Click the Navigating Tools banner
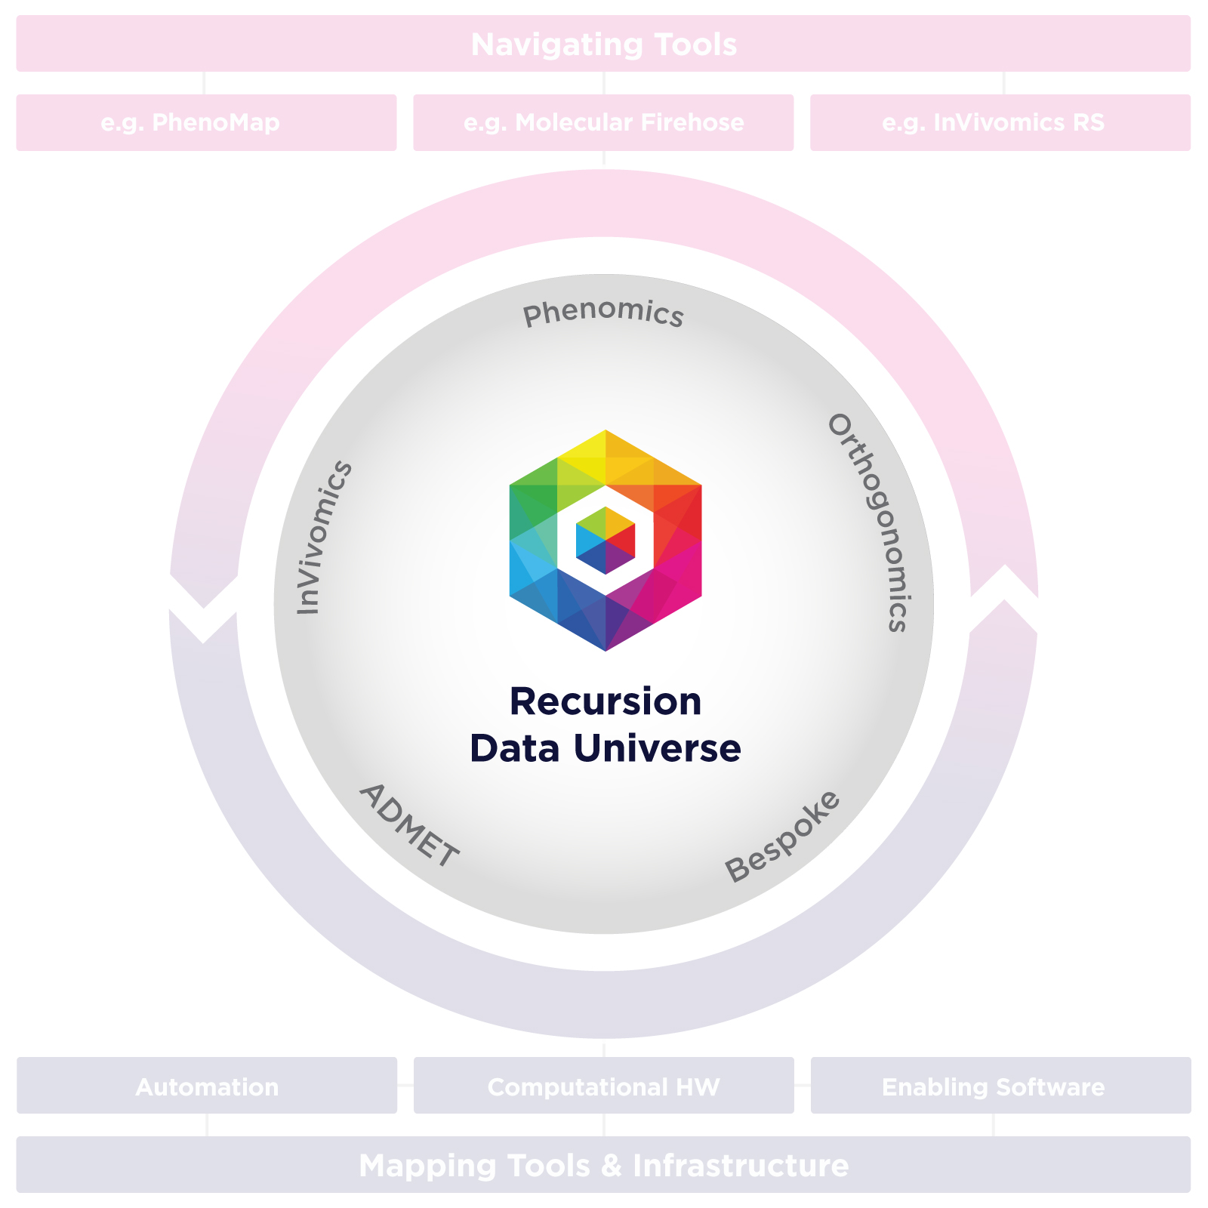pos(603,44)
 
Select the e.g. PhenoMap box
pos(206,122)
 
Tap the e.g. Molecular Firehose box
pos(603,122)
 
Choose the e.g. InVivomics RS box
pos(1000,122)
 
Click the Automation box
pos(207,1086)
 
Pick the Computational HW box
pos(604,1086)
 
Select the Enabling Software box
pos(1001,1086)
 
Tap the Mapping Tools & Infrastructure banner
pos(603,1165)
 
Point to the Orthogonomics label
pos(873,521)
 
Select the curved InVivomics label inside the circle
pos(323,537)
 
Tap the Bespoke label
pos(782,836)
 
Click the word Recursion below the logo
pos(606,701)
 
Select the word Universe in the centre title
pos(657,748)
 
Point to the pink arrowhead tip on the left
pos(203,608)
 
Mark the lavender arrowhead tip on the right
pos(1004,599)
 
